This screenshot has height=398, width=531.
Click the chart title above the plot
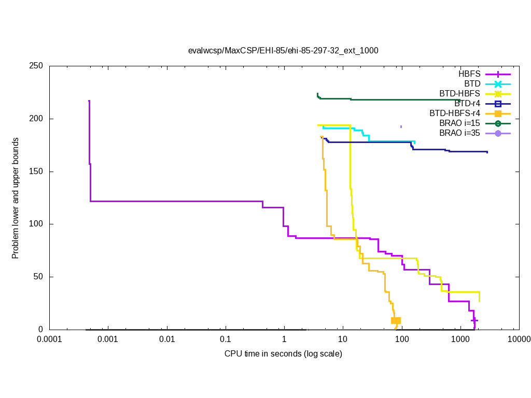point(283,51)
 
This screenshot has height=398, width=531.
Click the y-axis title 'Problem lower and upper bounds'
point(16,198)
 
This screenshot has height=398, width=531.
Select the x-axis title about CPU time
point(283,353)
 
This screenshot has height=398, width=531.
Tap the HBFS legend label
point(469,74)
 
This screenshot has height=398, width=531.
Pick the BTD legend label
point(472,84)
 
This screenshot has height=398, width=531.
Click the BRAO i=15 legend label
point(459,123)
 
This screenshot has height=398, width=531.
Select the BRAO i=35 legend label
point(459,133)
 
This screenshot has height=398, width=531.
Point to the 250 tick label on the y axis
point(36,66)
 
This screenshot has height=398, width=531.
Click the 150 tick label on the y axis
point(36,172)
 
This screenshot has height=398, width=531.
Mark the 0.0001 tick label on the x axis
point(50,340)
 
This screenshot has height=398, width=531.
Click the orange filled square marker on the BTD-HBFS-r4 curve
point(396,320)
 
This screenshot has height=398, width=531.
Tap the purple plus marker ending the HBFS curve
point(474,320)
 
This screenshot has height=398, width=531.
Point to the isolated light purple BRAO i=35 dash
point(401,126)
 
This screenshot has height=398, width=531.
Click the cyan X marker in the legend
point(498,84)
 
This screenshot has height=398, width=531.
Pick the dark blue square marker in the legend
point(498,104)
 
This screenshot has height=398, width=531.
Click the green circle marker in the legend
point(498,123)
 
